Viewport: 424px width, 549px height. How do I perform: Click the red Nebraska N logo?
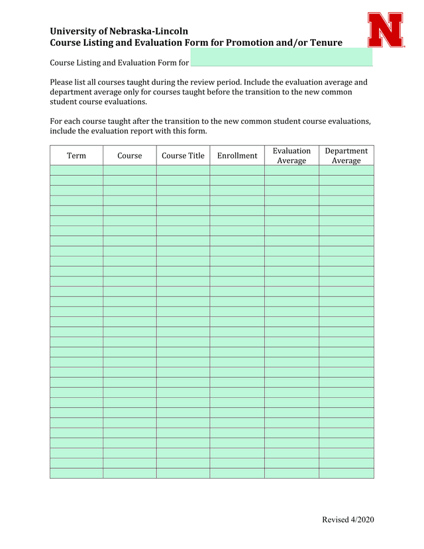(x=386, y=30)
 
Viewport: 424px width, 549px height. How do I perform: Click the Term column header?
(x=76, y=156)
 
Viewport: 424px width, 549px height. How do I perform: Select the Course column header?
(x=130, y=156)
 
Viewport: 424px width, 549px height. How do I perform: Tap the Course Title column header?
(x=183, y=156)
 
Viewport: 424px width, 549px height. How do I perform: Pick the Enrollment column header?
(x=237, y=156)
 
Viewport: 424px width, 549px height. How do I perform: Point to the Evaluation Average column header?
(x=291, y=156)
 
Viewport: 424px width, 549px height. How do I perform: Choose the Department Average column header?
(x=346, y=156)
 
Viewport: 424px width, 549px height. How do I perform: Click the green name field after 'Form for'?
(x=281, y=63)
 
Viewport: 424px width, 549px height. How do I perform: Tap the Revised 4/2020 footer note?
(x=348, y=520)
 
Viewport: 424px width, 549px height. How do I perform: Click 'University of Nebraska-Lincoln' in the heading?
(x=119, y=31)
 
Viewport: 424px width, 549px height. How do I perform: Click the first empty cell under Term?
(x=76, y=170)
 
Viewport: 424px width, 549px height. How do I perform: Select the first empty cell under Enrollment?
(x=237, y=170)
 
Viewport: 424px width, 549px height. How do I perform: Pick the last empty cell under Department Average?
(x=346, y=473)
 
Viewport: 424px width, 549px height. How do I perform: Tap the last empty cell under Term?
(x=76, y=473)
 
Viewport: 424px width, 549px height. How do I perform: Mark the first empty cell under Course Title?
(x=183, y=170)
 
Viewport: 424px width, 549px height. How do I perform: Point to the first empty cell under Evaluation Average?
(x=291, y=170)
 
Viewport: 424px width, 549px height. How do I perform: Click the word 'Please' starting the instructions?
(x=62, y=82)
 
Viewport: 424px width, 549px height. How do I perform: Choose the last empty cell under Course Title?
(x=183, y=473)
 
